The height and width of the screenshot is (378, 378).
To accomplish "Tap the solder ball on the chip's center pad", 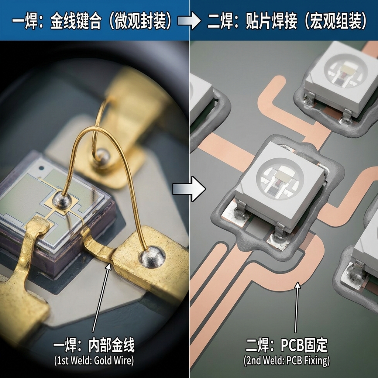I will pyautogui.click(x=61, y=200).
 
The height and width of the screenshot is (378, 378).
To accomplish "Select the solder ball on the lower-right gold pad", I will pyautogui.click(x=152, y=255).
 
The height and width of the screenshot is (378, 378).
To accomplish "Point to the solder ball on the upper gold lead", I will pyautogui.click(x=101, y=157).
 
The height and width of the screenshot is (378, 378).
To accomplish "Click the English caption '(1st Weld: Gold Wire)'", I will pyautogui.click(x=94, y=361).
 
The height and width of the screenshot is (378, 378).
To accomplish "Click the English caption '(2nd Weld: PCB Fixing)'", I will pyautogui.click(x=286, y=361).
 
